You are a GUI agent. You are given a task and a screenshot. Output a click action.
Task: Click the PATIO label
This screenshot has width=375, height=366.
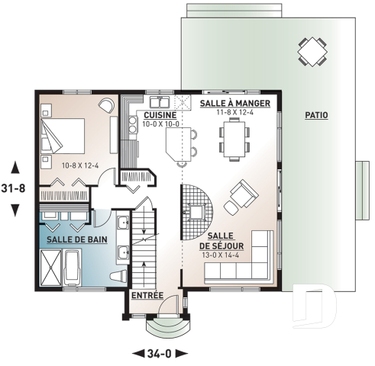pos(316,115)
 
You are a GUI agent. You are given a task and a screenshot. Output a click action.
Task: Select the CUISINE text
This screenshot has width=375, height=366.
pos(160,115)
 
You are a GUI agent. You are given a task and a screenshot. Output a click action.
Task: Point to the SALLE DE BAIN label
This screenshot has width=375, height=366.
pos(76,239)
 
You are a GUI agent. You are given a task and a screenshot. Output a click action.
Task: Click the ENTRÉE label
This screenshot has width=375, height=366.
pos(145,295)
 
